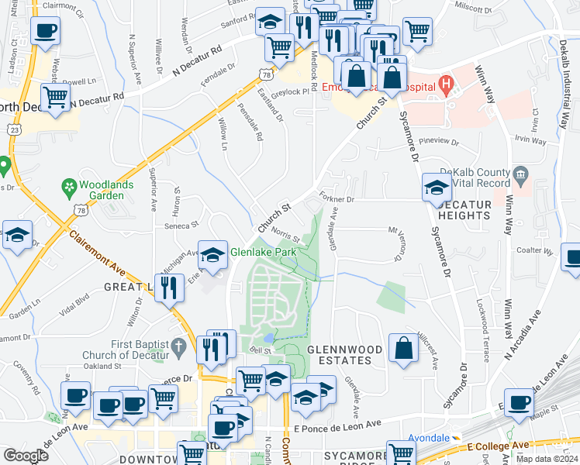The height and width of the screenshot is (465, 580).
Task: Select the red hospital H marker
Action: (446, 83)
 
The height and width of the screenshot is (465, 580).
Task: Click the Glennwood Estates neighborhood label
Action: (345, 354)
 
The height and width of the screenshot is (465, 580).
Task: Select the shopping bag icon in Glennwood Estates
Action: (404, 349)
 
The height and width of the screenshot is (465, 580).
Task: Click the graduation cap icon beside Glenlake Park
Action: (212, 253)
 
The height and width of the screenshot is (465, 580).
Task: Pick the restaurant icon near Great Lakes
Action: (168, 288)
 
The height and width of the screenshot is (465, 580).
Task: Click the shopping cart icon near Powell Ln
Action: (55, 98)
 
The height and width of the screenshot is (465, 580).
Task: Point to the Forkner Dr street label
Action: (336, 199)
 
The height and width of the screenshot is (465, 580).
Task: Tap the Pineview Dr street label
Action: (439, 143)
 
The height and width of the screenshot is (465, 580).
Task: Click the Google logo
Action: (25, 456)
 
